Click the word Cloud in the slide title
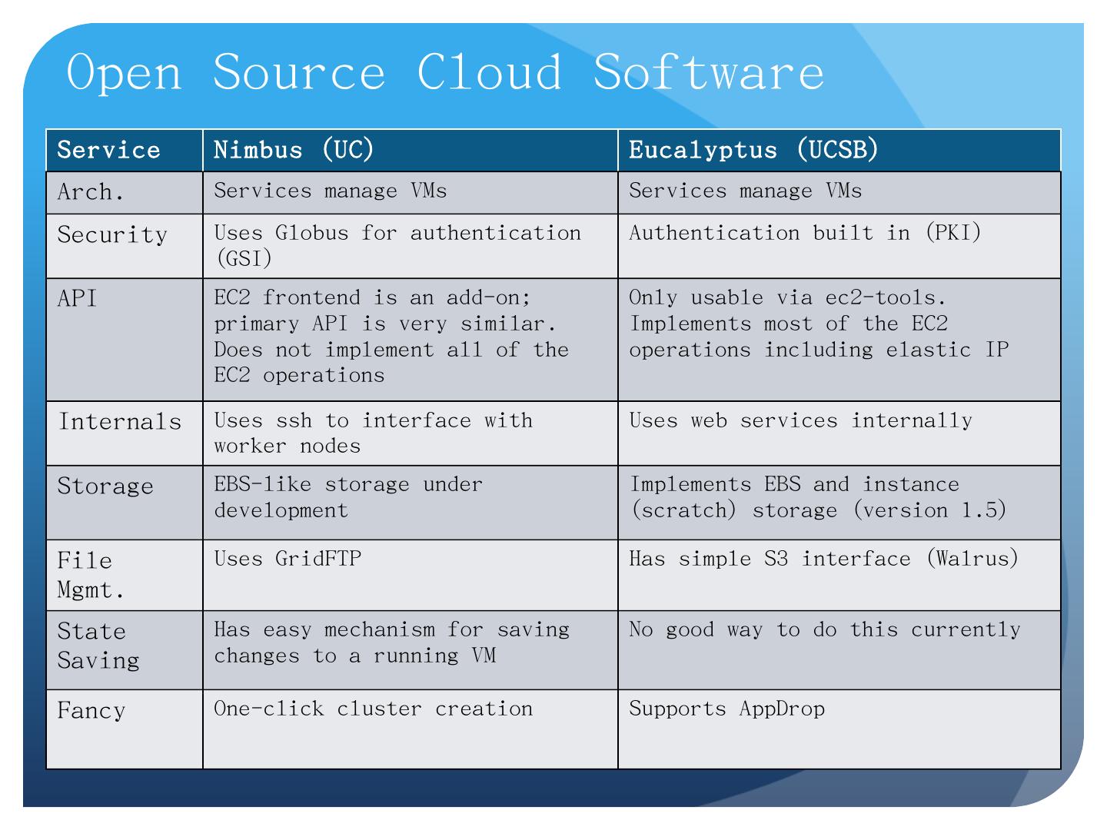click(489, 72)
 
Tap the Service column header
click(108, 150)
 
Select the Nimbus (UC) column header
click(294, 150)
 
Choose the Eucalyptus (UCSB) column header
click(753, 150)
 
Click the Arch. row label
click(90, 192)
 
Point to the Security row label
click(112, 235)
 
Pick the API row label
click(77, 298)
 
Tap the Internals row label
click(120, 422)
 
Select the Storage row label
click(105, 486)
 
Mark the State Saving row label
click(98, 646)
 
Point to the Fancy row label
click(91, 711)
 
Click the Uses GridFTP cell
click(288, 559)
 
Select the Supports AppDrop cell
click(726, 709)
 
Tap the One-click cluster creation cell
click(373, 709)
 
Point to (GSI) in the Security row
click(244, 259)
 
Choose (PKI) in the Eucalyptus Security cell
click(954, 233)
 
